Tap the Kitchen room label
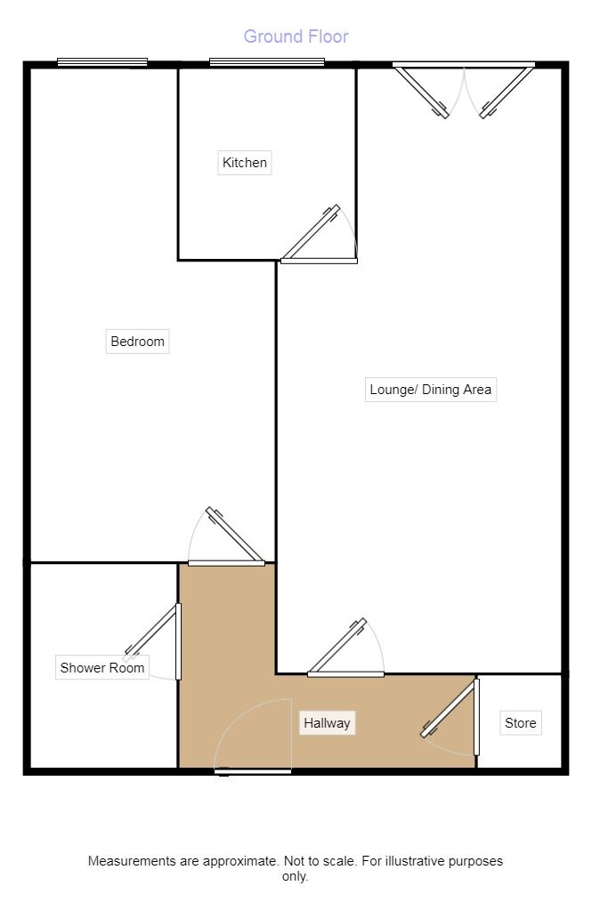(x=244, y=163)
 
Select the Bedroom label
(x=137, y=342)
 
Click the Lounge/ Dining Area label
(x=430, y=390)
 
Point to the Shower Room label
(x=101, y=668)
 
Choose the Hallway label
(x=327, y=723)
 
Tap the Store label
(x=520, y=723)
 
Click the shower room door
(x=154, y=642)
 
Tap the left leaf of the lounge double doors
(x=423, y=93)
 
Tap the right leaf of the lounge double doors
(x=506, y=93)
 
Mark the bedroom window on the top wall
(x=102, y=62)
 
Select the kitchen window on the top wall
(x=267, y=62)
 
